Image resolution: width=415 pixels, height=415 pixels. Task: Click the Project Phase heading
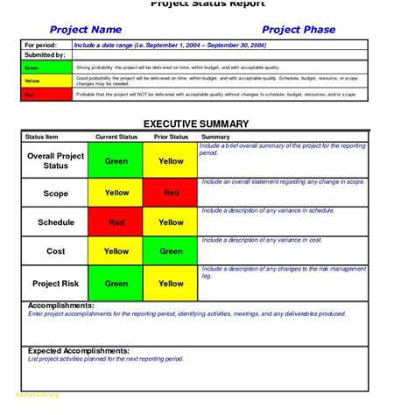(299, 30)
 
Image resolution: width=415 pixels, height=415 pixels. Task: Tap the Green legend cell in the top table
(46, 67)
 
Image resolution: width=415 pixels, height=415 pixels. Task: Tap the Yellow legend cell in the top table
(46, 80)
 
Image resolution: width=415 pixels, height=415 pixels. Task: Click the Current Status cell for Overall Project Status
(116, 161)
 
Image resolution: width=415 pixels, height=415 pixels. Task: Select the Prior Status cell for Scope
(172, 193)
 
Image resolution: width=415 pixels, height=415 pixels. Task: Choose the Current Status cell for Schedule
(116, 222)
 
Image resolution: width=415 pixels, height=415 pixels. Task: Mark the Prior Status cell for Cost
(172, 251)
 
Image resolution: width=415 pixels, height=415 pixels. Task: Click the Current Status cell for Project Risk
(116, 284)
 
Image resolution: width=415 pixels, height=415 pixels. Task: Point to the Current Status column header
(117, 137)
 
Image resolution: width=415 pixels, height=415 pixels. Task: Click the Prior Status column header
(171, 137)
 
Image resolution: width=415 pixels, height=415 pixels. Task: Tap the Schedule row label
(56, 222)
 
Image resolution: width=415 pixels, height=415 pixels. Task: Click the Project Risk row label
(56, 284)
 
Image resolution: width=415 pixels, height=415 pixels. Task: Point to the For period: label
(39, 44)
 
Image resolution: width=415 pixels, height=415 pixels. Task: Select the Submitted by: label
(44, 55)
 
